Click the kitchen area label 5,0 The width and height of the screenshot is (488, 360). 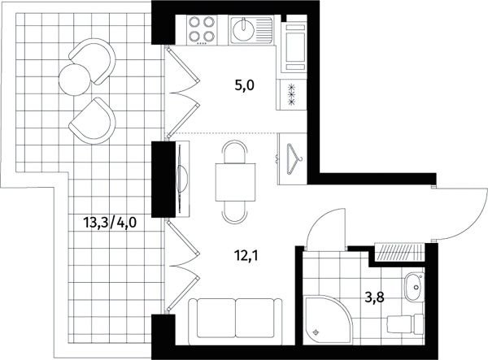[x=245, y=85]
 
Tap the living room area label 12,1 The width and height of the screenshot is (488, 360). [x=246, y=256]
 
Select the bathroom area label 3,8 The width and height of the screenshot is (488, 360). [x=375, y=297]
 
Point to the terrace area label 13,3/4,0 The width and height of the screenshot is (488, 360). [x=110, y=223]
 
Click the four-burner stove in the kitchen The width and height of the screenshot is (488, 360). [x=202, y=30]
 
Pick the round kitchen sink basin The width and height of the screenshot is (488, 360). [x=243, y=29]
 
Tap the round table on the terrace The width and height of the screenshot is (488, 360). [x=74, y=80]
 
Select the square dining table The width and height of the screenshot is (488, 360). [x=235, y=182]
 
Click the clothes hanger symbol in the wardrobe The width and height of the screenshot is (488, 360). [x=294, y=159]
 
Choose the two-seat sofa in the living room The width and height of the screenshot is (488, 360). [x=236, y=322]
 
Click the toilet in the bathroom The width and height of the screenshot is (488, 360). [x=405, y=324]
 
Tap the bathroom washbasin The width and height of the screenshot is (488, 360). [x=414, y=287]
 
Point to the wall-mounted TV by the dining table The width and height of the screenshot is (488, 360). [x=181, y=179]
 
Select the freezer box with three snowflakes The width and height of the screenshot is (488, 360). [x=291, y=94]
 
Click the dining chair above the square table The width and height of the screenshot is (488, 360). [x=235, y=152]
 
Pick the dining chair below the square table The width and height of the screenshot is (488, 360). [x=235, y=213]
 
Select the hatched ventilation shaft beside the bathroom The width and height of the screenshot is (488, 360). [x=399, y=252]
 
